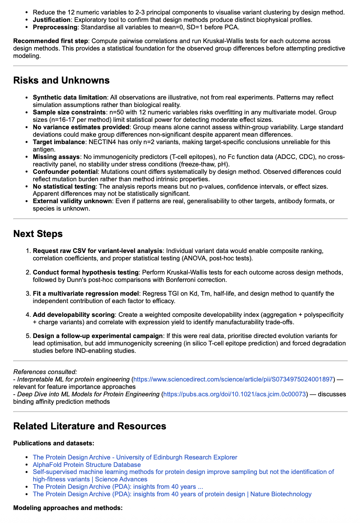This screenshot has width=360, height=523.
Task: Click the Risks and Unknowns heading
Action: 61,81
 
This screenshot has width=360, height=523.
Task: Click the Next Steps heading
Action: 38,234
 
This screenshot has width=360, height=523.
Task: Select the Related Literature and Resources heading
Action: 89,426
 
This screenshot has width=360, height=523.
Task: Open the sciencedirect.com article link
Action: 233,379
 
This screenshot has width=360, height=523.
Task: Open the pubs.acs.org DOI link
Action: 235,394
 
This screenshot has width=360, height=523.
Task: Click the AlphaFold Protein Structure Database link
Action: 86,465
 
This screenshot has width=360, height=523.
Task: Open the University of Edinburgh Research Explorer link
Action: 135,457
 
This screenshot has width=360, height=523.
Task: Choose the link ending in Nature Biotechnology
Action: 172,494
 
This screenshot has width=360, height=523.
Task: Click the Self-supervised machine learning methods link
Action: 183,472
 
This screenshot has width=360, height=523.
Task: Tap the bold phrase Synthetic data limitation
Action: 69,97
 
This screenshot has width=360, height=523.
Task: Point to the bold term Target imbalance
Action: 59,142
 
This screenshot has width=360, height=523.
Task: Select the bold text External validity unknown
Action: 72,201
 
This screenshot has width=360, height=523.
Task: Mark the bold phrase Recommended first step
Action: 50,41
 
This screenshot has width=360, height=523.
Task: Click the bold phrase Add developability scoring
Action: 73,315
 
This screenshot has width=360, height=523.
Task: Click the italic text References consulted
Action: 45,372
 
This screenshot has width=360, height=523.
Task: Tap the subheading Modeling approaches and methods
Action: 68,508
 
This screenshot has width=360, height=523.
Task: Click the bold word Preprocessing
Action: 55,27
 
